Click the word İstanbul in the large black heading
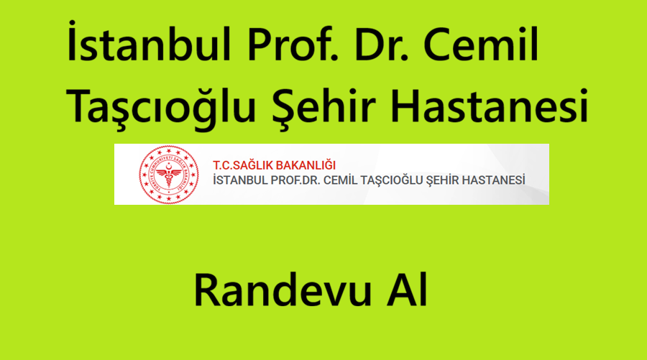click(x=149, y=41)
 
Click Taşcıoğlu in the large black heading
click(x=161, y=106)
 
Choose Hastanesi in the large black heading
click(x=489, y=104)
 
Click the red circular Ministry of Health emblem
click(x=168, y=175)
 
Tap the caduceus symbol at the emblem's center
click(x=168, y=175)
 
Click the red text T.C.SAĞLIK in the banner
click(x=243, y=165)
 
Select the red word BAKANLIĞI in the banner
click(x=306, y=165)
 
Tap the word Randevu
click(x=283, y=290)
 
